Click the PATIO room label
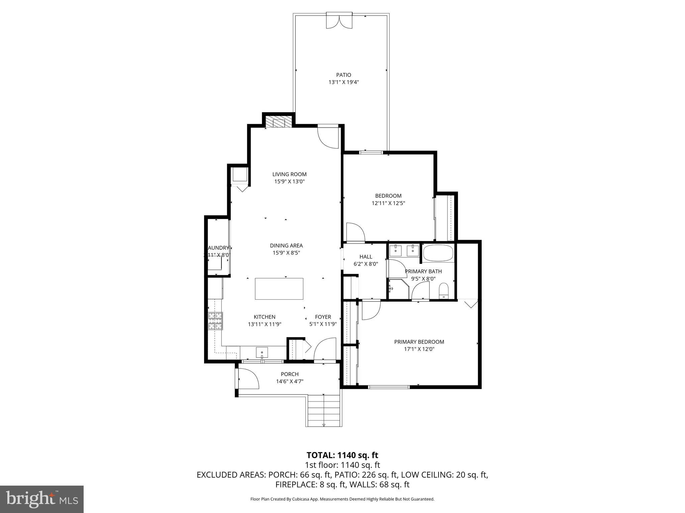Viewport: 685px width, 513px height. point(344,75)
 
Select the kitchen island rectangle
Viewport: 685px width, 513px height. point(279,289)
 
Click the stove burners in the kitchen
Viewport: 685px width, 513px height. point(215,321)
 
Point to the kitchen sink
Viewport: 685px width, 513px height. point(262,352)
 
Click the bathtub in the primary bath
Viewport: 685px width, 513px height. point(438,253)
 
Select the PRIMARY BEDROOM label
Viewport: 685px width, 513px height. point(419,342)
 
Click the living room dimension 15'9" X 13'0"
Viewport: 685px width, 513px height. point(289,182)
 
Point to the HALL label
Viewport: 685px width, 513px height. point(366,256)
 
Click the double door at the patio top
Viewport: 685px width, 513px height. point(339,21)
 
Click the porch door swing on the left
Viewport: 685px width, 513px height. point(248,378)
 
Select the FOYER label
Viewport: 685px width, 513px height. point(323,317)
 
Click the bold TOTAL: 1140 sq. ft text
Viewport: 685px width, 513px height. point(342,455)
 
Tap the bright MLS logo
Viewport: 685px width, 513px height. point(42,499)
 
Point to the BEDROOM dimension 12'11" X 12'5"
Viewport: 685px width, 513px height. point(388,203)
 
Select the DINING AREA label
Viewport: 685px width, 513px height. point(286,245)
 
